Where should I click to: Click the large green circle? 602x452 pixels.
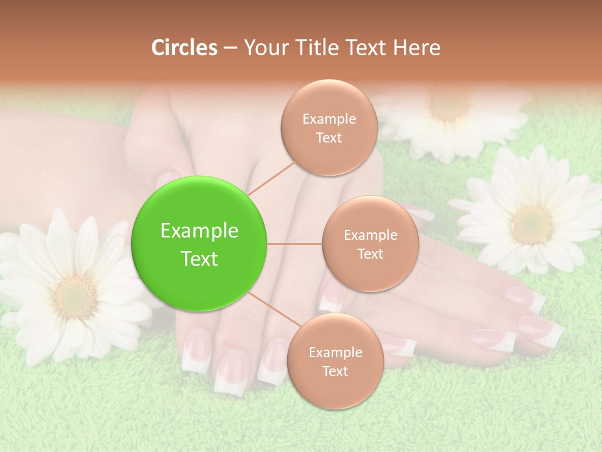pos(199,244)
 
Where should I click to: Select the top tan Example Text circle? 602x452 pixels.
pos(329,128)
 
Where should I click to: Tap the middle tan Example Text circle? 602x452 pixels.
pos(370,244)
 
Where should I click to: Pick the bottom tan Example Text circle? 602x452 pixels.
pos(335,362)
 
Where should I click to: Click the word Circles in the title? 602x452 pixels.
pos(184,48)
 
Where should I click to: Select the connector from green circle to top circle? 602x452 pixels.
pos(270,178)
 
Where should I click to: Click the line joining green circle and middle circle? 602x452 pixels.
pos(295,244)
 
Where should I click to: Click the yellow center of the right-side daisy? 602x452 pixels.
pos(531,224)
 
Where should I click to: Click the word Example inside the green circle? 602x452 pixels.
pos(199,231)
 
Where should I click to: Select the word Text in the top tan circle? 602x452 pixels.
pos(329,138)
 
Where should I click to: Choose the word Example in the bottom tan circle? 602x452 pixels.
pos(335,353)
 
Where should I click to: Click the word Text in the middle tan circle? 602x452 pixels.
pos(370,254)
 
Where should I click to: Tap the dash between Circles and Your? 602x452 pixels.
pos(230,48)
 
